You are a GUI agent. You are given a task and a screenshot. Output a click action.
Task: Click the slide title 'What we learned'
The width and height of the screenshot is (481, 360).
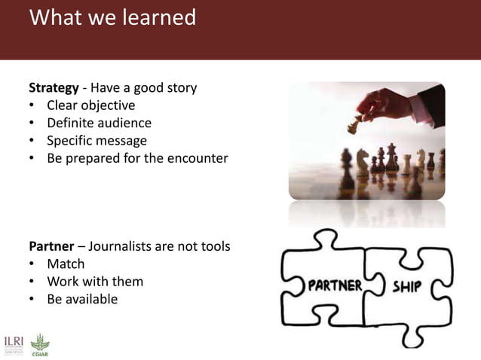click(x=112, y=17)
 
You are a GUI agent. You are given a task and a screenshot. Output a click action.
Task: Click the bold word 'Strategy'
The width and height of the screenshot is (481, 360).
click(x=54, y=87)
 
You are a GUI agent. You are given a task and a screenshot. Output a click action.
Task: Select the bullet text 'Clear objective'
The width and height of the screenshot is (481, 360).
click(x=90, y=105)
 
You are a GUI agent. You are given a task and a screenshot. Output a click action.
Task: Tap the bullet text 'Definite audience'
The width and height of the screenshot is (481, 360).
click(x=99, y=123)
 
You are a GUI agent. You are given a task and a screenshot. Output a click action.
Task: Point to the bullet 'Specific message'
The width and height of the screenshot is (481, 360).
click(x=97, y=140)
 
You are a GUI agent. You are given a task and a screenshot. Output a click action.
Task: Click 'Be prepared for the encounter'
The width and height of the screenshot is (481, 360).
click(x=137, y=158)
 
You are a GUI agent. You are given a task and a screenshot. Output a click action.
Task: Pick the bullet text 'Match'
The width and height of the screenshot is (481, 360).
click(x=66, y=264)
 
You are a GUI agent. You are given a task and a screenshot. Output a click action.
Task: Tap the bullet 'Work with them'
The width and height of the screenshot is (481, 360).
click(x=95, y=282)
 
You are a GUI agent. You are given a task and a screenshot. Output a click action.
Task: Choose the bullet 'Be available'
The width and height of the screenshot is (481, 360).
click(x=82, y=299)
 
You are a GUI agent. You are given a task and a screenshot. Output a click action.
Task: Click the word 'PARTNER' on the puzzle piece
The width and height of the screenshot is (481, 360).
click(x=335, y=286)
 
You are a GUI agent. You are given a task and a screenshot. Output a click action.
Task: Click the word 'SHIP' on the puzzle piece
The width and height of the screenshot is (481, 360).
click(x=407, y=287)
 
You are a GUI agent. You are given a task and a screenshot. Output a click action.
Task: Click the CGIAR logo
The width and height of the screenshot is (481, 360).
click(x=38, y=344)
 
